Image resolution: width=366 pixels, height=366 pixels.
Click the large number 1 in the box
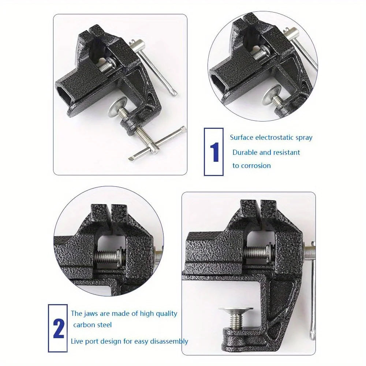[x=214, y=152]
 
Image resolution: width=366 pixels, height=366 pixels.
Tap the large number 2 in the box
[x=58, y=329]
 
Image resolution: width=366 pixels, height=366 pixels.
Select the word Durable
[x=245, y=152]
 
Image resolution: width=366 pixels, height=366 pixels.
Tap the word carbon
[x=85, y=325]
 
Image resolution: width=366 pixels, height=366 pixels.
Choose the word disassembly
[x=169, y=341]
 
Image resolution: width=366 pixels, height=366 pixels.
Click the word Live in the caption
[x=78, y=341]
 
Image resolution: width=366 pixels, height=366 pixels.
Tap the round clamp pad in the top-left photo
[x=118, y=110]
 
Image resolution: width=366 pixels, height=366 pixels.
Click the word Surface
[x=241, y=138]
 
